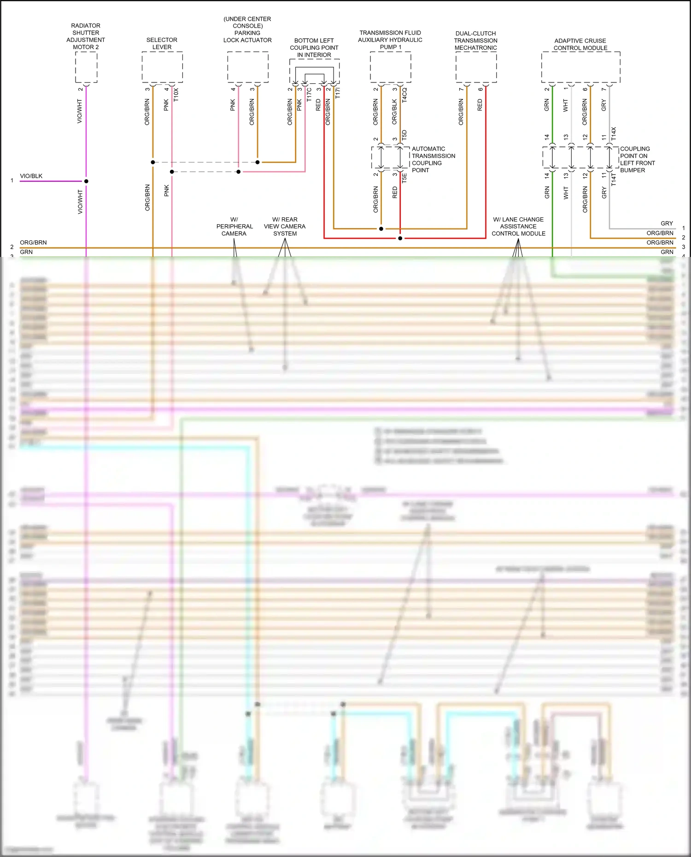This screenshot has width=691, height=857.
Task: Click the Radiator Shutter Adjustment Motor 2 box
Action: [x=86, y=67]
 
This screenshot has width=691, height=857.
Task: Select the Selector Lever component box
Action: [x=162, y=67]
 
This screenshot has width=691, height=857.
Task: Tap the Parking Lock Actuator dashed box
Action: [x=248, y=67]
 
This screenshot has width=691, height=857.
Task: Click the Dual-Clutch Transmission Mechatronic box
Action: [x=476, y=67]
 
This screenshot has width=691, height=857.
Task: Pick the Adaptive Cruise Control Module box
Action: [x=580, y=67]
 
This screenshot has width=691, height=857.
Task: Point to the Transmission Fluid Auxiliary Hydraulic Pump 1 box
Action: [x=390, y=67]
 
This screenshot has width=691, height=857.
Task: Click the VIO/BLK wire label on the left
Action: [x=31, y=176]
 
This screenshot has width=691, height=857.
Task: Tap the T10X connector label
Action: [x=176, y=95]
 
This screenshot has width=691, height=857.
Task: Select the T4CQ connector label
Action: [x=404, y=95]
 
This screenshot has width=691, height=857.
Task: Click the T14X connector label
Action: [x=614, y=134]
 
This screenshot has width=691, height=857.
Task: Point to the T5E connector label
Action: [x=404, y=178]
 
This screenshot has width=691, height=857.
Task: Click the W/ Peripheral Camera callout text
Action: [x=234, y=227]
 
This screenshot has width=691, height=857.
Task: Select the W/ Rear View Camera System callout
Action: [x=285, y=227]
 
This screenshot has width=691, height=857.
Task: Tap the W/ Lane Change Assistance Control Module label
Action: [x=518, y=227]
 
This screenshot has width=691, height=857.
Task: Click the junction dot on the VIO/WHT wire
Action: [x=86, y=181]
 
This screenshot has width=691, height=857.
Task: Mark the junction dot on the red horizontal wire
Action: [x=400, y=239]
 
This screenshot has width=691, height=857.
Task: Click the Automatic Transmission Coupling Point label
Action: [x=433, y=159]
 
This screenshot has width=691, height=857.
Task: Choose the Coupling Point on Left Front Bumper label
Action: [x=637, y=159]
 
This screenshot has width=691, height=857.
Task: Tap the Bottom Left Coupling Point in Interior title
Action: [x=314, y=47]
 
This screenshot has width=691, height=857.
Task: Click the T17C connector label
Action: [x=309, y=95]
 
